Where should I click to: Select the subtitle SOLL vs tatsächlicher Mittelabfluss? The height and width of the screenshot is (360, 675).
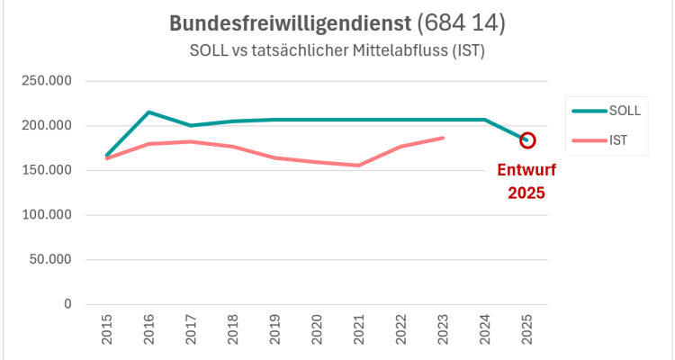[x=337, y=51]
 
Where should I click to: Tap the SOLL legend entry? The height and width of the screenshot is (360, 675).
[x=624, y=111]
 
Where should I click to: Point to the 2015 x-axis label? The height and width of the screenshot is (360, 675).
[x=107, y=332]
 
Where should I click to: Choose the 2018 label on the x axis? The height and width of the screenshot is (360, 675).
[x=233, y=332]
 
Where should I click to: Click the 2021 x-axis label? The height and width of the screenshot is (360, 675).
[x=359, y=332]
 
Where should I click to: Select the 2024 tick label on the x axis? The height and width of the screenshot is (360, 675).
[x=485, y=332]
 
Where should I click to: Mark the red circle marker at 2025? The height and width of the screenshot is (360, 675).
[x=527, y=140]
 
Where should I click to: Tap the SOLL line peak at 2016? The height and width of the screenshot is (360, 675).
[x=149, y=112]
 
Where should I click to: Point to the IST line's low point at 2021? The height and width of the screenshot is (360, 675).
[x=359, y=166]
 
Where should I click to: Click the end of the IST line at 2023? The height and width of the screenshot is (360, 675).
[x=443, y=138]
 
